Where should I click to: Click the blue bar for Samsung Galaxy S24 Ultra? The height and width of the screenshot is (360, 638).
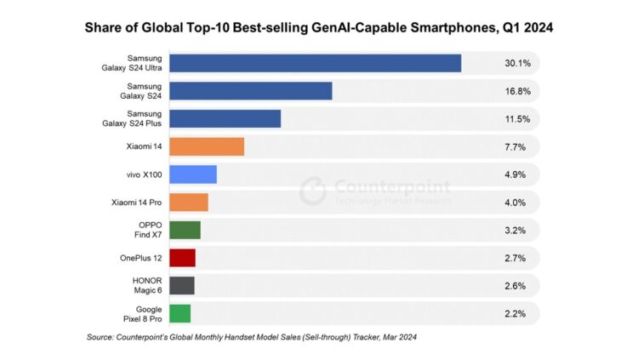(x=315, y=64)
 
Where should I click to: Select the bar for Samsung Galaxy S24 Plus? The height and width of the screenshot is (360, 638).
(x=225, y=119)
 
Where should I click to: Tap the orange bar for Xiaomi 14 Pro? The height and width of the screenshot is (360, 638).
(x=188, y=203)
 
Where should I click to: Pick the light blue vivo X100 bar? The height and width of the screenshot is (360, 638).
(x=193, y=174)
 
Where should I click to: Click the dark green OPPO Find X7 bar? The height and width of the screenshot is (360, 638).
(x=185, y=230)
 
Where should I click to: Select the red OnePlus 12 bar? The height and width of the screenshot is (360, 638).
(x=182, y=258)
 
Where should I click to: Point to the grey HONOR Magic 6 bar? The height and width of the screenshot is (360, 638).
(x=181, y=285)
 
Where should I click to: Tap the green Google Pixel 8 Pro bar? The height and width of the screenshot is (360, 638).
(x=179, y=313)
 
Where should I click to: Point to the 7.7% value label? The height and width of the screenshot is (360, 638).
(x=516, y=147)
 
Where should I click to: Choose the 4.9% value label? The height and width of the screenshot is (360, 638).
(x=516, y=174)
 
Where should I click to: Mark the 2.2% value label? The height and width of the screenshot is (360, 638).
(x=516, y=313)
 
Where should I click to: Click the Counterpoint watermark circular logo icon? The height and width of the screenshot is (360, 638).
(x=312, y=190)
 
